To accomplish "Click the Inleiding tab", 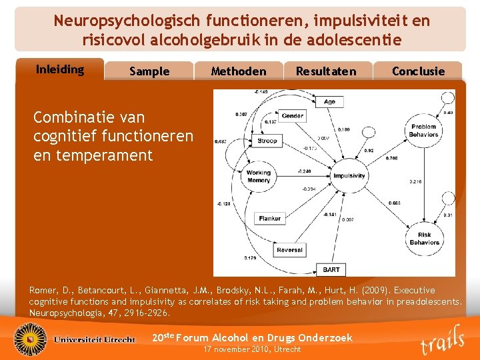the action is [60, 69].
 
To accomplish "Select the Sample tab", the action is [149, 71].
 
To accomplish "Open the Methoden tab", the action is [238, 71].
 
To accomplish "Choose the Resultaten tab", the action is [326, 71].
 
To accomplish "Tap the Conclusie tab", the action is [418, 71].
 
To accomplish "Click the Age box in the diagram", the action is [329, 101].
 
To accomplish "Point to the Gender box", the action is [292, 115].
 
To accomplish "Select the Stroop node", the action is [267, 141].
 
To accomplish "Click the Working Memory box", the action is [259, 176].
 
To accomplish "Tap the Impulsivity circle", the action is [349, 175].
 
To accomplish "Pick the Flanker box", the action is [269, 218].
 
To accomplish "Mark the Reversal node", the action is [289, 250].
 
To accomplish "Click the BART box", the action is [331, 269].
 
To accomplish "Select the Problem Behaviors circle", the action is [423, 130].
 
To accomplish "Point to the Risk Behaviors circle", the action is [424, 238].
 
